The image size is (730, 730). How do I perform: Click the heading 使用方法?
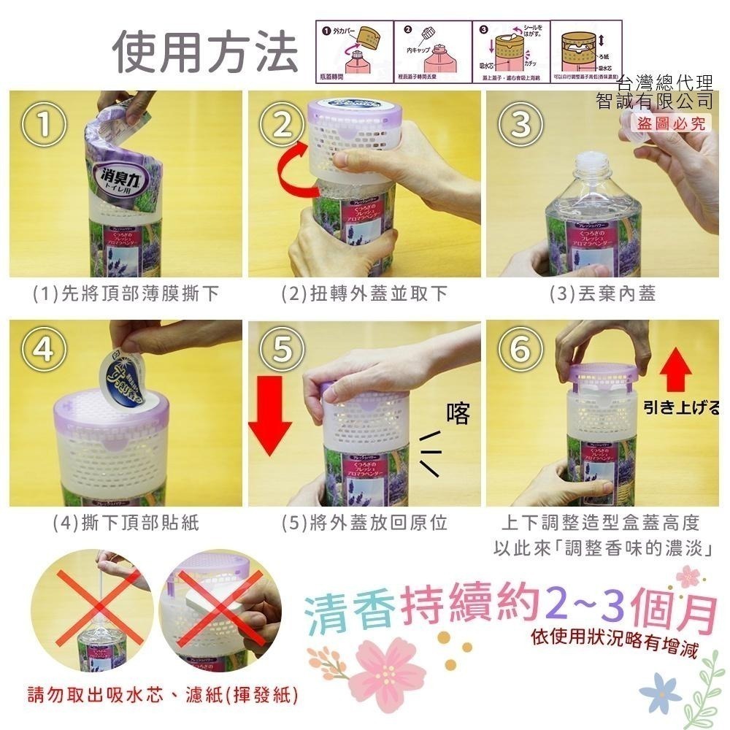(x=205, y=53)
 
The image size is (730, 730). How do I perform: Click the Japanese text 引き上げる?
(x=682, y=407)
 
